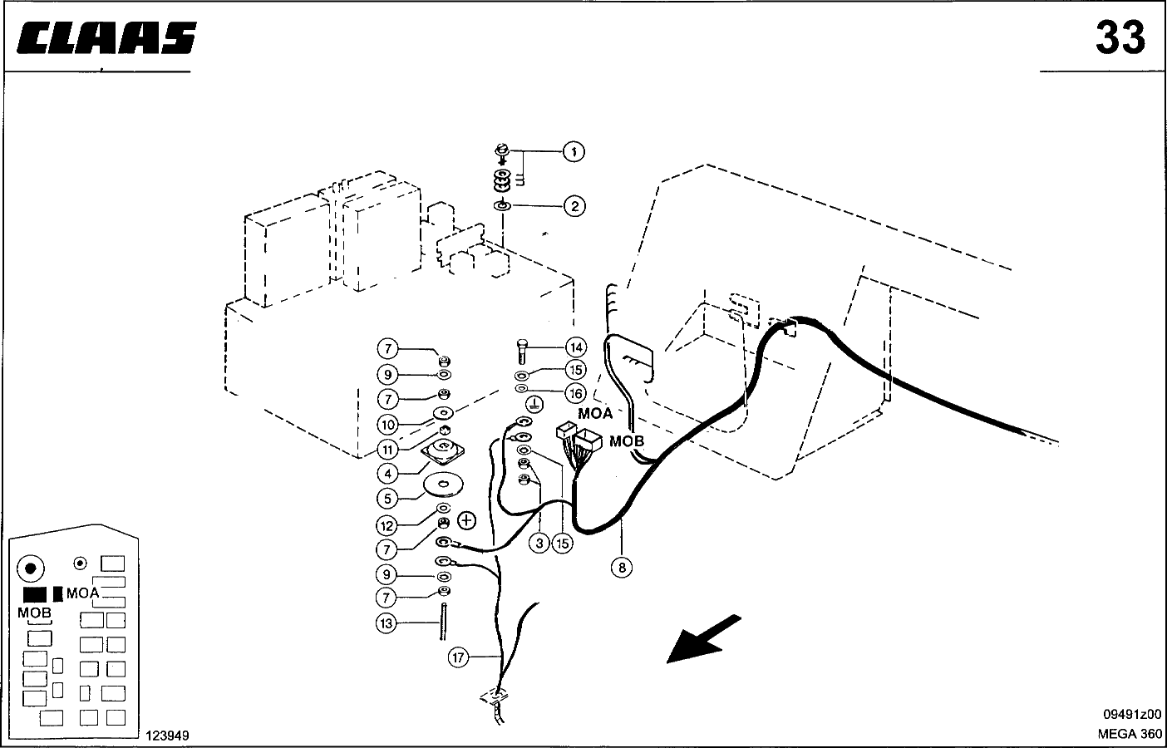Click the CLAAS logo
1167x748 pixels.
106,37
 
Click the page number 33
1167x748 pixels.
1120,37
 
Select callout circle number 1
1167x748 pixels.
574,151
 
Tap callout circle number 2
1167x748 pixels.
574,206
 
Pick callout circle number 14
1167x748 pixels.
576,347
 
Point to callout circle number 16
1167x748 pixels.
576,393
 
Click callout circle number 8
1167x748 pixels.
622,567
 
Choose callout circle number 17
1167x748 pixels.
459,657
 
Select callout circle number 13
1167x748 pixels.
387,623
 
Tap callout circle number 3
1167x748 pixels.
539,544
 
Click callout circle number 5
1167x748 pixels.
387,499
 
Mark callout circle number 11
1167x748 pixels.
387,449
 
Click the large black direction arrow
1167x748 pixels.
704,639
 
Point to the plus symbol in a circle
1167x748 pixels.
467,520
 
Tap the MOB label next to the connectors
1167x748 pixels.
627,441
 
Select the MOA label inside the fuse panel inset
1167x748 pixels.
83,593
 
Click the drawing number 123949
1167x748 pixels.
167,736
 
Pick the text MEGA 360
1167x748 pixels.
1130,734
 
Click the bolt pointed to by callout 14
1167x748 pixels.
523,352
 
